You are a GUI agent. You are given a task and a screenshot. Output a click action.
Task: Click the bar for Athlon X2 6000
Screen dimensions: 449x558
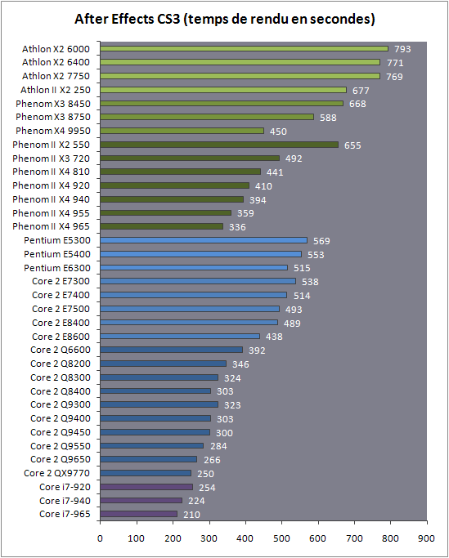pyautogui.click(x=244, y=48)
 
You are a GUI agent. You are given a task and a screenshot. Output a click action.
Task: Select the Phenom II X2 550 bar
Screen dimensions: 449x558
pyautogui.click(x=219, y=145)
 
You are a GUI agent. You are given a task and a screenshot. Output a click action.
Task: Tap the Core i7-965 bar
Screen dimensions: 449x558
pyautogui.click(x=138, y=514)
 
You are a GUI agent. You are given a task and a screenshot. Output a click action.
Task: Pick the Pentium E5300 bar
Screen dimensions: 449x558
pyautogui.click(x=204, y=240)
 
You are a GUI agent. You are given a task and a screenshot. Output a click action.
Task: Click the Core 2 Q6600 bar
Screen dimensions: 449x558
pyautogui.click(x=172, y=350)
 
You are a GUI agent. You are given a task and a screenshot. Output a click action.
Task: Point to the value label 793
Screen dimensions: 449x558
pyautogui.click(x=402, y=49)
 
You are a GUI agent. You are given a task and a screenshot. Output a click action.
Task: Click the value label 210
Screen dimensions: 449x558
pyautogui.click(x=191, y=515)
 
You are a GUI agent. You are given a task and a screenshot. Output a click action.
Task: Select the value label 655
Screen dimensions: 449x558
pyautogui.click(x=352, y=145)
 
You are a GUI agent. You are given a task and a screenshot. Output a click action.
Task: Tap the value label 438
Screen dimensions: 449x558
pyautogui.click(x=274, y=337)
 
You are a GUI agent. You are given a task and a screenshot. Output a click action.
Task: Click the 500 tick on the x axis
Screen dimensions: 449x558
pyautogui.click(x=281, y=523)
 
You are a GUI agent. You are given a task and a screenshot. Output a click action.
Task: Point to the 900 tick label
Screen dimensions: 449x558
pyautogui.click(x=427, y=538)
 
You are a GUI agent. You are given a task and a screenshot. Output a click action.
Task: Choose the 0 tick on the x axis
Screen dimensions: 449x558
pyautogui.click(x=100, y=523)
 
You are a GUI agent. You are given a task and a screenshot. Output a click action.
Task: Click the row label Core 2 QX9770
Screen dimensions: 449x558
pyautogui.click(x=57, y=473)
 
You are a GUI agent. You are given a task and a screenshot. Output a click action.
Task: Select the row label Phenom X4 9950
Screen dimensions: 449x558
pyautogui.click(x=53, y=131)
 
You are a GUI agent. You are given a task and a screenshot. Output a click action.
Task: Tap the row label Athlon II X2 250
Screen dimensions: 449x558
pyautogui.click(x=56, y=90)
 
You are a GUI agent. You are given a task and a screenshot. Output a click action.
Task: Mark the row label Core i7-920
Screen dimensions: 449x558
pyautogui.click(x=65, y=487)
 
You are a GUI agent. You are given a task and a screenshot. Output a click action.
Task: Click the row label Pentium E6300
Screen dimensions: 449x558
pyautogui.click(x=57, y=268)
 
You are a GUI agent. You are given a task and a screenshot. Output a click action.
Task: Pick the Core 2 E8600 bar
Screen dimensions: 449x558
pyautogui.click(x=180, y=336)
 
